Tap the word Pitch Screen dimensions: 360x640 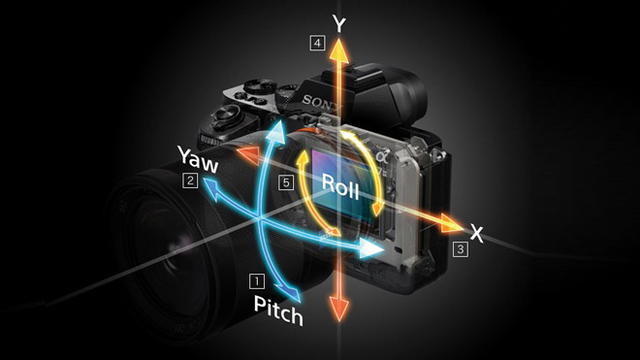pos(279,309)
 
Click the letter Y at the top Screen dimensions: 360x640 pos(338,23)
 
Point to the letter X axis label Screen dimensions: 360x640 pos(476,233)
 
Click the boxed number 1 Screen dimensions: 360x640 pos(256,281)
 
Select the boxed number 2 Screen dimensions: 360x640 pos(191,180)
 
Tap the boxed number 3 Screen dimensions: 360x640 pos(460,249)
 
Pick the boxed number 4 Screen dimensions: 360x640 pos(316,42)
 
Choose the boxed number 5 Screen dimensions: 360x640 pos(285,181)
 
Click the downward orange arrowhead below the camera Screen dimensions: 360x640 pos(338,309)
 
